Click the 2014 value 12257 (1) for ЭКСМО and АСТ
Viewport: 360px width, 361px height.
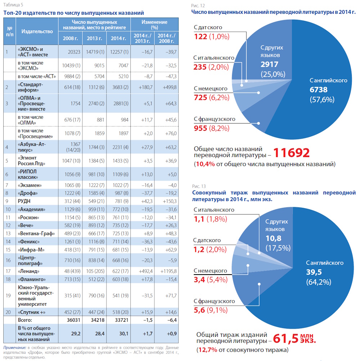pos(119,52)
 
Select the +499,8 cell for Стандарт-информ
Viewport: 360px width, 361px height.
pos(170,87)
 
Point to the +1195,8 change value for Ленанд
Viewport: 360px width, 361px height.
pos(168,271)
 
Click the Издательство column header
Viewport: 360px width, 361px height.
pos(37,31)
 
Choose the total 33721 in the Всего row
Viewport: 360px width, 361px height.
pos(121,320)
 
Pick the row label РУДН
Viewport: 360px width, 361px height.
pos(24,201)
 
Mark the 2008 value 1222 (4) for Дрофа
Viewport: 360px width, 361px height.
pos(72,193)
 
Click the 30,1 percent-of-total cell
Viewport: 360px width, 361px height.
pos(124,334)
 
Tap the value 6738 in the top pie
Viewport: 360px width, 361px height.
pos(318,90)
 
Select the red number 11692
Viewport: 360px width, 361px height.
pos(292,153)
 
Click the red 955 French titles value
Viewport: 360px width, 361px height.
pos(201,128)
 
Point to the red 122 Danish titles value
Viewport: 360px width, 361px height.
pos(201,37)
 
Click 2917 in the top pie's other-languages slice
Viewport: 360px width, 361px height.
pos(269,64)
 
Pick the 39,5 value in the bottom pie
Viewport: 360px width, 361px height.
pos(314,272)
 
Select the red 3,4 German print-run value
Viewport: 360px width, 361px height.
pos(199,280)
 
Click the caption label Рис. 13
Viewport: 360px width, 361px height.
pos(199,186)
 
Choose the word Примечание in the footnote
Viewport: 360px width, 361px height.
pos(15,348)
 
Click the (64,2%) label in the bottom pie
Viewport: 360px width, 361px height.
pos(319,282)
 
